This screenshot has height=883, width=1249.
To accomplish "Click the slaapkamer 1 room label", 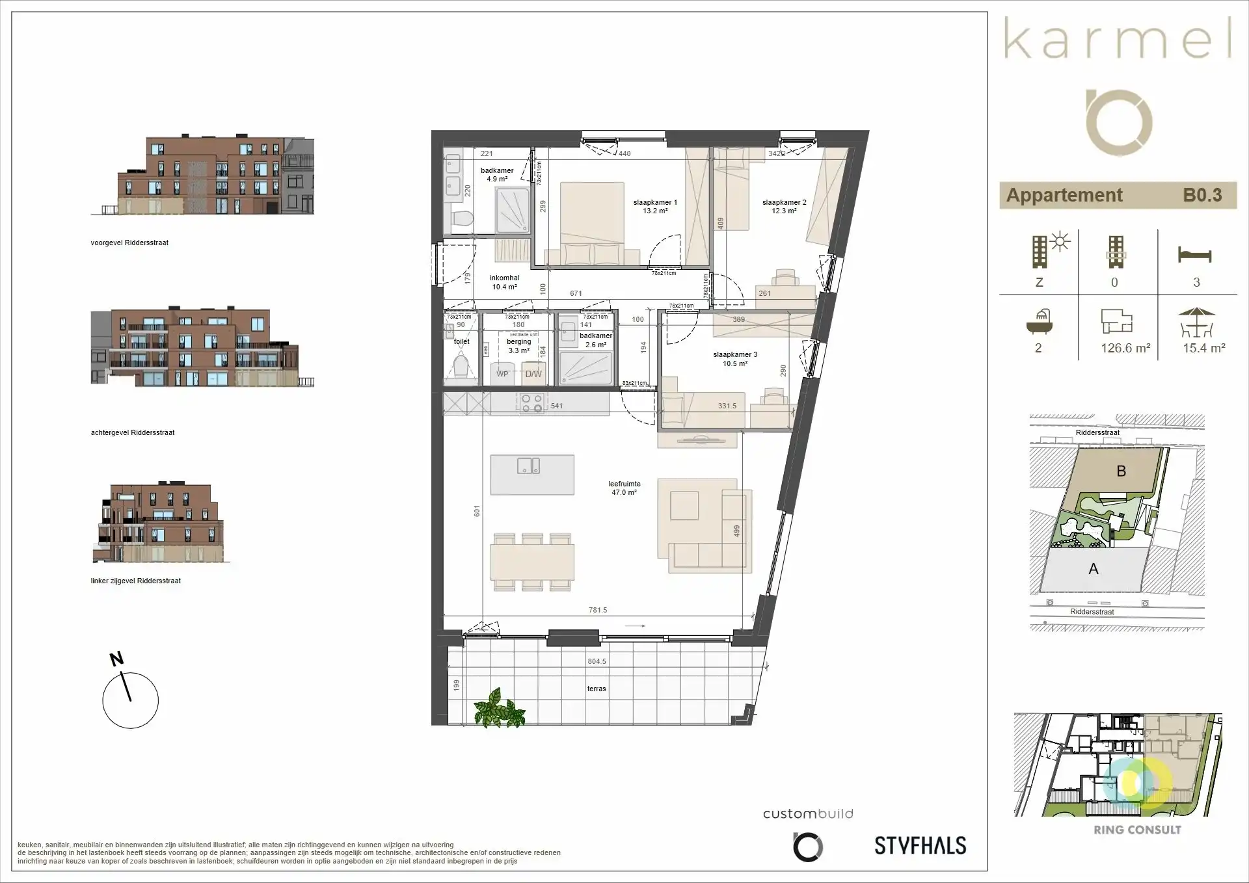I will tap(655, 207).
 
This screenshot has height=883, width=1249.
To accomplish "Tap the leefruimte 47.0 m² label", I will tap(624, 488).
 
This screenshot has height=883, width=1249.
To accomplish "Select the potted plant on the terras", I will tap(499, 709).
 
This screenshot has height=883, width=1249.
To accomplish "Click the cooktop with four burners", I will tap(531, 404).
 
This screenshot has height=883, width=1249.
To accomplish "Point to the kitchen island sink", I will tap(528, 466).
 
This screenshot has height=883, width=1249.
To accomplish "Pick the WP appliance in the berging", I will tap(502, 374).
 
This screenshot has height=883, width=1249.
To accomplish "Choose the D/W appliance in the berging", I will tap(533, 374).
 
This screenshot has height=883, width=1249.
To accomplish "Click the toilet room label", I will tap(462, 341).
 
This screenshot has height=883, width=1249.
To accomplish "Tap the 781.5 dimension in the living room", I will tap(597, 610).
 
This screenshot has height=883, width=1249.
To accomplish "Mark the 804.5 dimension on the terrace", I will tap(597, 661).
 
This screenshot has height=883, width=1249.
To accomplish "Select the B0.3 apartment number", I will tap(1202, 195).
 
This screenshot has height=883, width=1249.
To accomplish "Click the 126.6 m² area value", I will tap(1125, 349).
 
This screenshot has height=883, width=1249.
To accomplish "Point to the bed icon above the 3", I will tap(1195, 254).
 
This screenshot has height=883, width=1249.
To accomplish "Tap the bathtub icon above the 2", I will tap(1039, 321).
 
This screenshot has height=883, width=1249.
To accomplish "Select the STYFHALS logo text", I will tap(920, 845).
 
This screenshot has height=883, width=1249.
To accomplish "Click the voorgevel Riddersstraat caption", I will tap(129, 243).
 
